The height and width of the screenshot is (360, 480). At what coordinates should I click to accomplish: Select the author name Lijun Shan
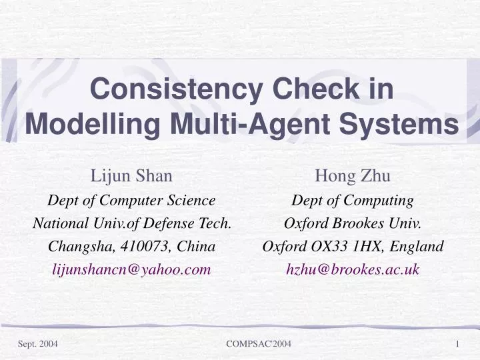pyautogui.click(x=131, y=176)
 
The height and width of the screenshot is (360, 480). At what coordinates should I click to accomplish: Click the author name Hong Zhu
pyautogui.click(x=353, y=176)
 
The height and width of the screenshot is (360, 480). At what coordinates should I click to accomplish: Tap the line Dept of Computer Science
pyautogui.click(x=131, y=200)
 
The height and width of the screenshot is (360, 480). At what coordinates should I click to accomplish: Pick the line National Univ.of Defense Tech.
pyautogui.click(x=131, y=223)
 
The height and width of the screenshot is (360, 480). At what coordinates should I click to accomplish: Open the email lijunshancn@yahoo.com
pyautogui.click(x=131, y=269)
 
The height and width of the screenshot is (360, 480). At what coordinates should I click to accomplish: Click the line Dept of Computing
pyautogui.click(x=353, y=200)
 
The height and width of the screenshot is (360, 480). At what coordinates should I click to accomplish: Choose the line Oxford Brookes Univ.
pyautogui.click(x=353, y=223)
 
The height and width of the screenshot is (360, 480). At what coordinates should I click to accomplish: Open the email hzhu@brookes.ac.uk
pyautogui.click(x=353, y=269)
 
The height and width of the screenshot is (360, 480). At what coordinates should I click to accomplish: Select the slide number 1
pyautogui.click(x=459, y=343)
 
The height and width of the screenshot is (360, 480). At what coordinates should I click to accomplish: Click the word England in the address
pyautogui.click(x=419, y=247)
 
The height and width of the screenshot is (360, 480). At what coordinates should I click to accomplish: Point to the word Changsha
pyautogui.click(x=76, y=247)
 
